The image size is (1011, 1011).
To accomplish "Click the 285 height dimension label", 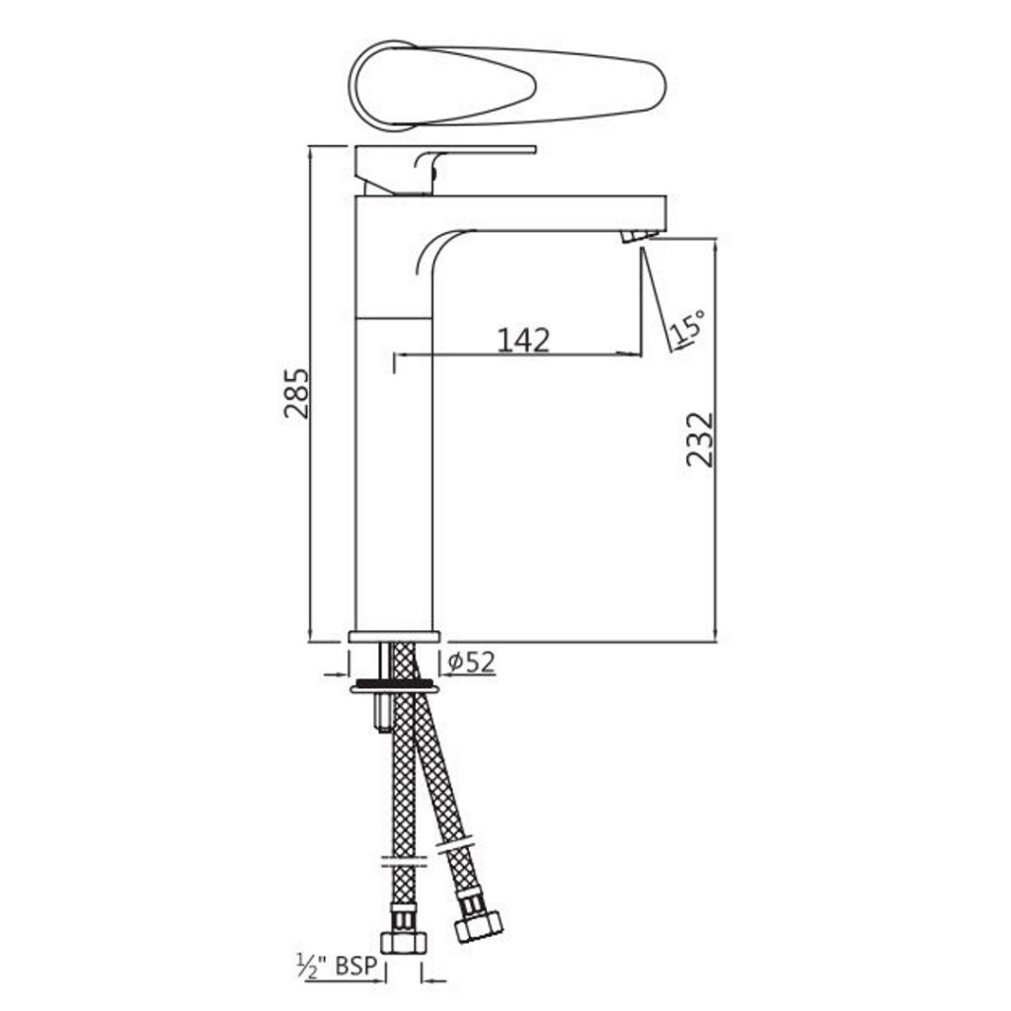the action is [296, 393].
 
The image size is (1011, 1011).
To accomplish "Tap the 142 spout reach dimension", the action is [523, 340].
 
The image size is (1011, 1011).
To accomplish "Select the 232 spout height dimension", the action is [700, 439].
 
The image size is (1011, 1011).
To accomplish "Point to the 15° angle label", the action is [687, 326].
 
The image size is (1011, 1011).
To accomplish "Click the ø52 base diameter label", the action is [471, 661].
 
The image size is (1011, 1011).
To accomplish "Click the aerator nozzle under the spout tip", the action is [640, 235].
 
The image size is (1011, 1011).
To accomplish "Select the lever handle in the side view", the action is [445, 169].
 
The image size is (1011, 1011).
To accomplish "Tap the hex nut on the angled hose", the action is [479, 925].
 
